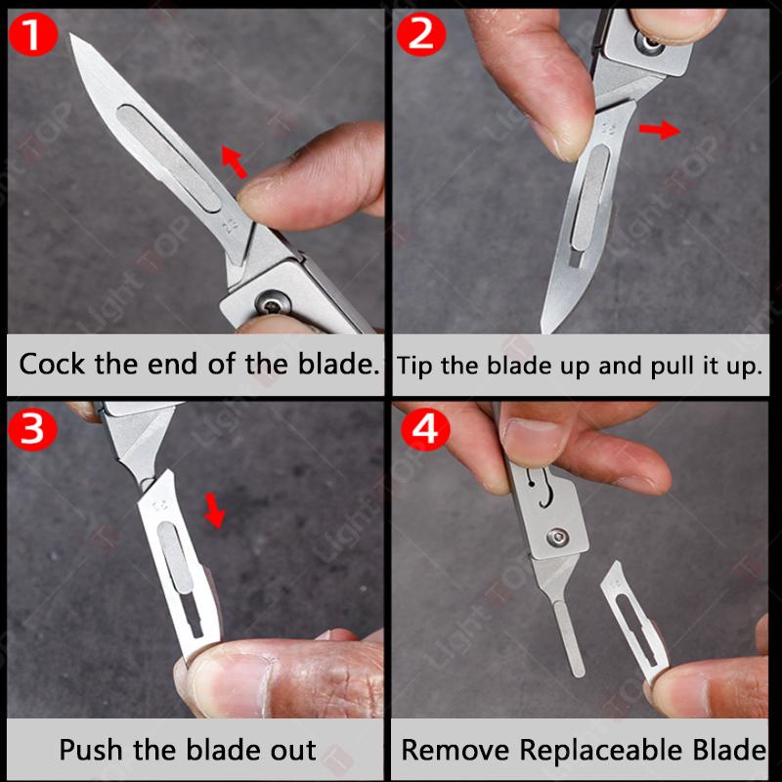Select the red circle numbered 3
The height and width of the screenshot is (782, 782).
pos(32,429)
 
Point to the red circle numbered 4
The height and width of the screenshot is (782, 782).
pos(423,427)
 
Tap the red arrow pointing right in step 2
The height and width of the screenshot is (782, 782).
pos(660,129)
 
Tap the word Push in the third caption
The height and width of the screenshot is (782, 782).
pos(91,751)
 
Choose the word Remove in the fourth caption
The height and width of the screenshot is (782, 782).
pos(456,751)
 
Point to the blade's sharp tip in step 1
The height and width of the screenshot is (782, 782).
pos(73,38)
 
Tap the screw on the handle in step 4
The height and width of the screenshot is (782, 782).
pos(557,536)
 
